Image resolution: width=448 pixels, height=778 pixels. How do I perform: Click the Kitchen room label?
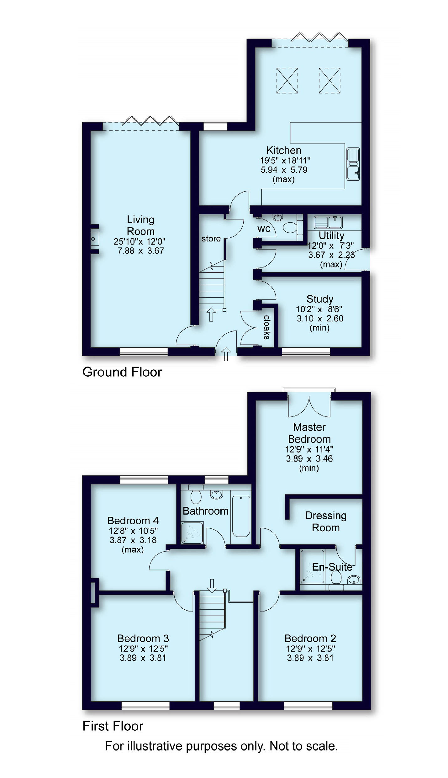[x=284, y=150]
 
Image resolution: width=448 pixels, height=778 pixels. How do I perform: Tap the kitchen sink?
[x=353, y=164]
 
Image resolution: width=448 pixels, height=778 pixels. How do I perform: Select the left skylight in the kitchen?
[x=287, y=81]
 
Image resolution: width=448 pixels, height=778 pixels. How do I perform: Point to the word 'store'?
[x=211, y=239]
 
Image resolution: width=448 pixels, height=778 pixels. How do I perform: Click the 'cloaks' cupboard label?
[x=266, y=327]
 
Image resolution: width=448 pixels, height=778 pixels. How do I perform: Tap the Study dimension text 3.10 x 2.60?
[x=320, y=318]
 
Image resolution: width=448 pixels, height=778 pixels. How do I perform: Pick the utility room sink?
[x=328, y=222]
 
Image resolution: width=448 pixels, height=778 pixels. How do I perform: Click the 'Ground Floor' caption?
[x=122, y=372]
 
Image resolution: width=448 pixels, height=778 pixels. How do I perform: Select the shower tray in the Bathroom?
[x=192, y=532]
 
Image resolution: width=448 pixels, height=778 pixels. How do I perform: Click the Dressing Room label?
[x=326, y=521]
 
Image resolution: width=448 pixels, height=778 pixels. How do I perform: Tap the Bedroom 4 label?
[x=133, y=521]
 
